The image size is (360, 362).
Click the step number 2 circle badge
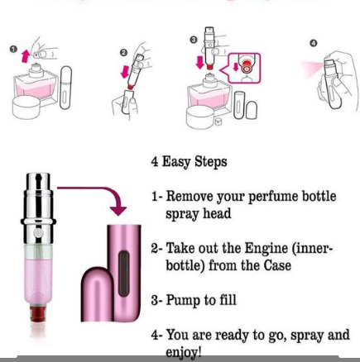[x=123, y=52]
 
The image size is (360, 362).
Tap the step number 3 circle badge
[x=194, y=39]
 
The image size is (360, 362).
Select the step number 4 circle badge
[x=313, y=43]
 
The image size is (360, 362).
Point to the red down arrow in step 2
[x=126, y=71]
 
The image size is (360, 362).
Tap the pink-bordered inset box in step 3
[x=242, y=70]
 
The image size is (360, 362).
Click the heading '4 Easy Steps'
[x=189, y=161]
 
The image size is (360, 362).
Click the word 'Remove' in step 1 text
[x=192, y=197]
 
